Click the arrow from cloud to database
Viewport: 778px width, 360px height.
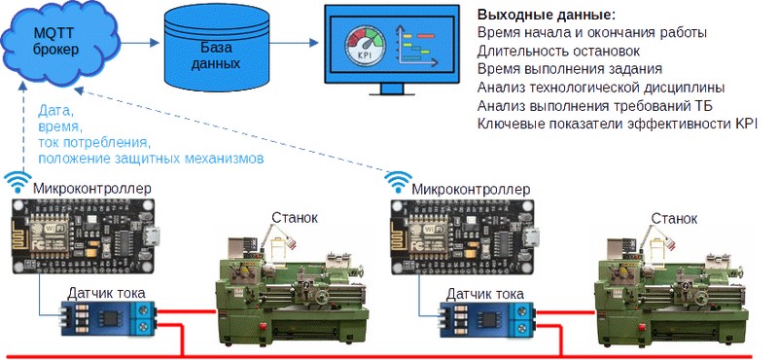tap(140, 43)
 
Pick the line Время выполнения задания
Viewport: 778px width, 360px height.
tap(570, 69)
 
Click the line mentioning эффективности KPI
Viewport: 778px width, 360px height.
tap(618, 124)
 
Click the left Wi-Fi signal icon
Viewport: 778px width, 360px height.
tap(18, 183)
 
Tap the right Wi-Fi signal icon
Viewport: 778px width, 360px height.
tap(400, 183)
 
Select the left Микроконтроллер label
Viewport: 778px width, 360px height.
tap(92, 189)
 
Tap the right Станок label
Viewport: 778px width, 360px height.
tap(674, 219)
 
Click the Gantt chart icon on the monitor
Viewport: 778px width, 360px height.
tap(417, 46)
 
